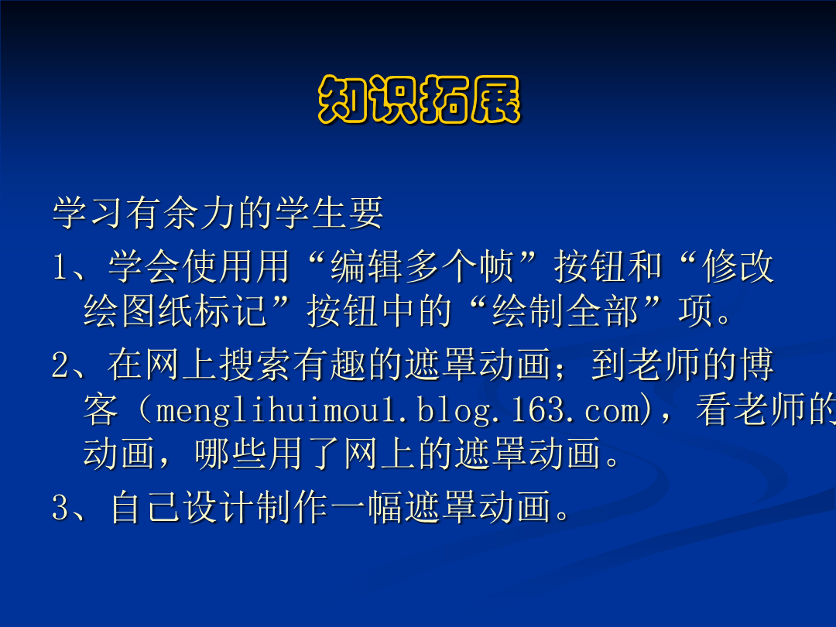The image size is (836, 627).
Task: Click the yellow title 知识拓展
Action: [419, 100]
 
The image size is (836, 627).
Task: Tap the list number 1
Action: [60, 266]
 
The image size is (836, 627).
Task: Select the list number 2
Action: [60, 365]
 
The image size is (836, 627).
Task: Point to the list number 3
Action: [60, 507]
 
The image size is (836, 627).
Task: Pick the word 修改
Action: [738, 266]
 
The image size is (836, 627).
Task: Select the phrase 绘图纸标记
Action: [175, 311]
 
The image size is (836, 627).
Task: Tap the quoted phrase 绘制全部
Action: [566, 311]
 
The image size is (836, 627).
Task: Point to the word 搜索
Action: [255, 365]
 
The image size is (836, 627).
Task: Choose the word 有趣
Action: [330, 365]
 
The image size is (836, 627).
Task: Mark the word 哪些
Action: [231, 454]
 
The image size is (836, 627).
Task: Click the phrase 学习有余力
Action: [144, 213]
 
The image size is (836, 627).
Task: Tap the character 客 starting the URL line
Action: [101, 409]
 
